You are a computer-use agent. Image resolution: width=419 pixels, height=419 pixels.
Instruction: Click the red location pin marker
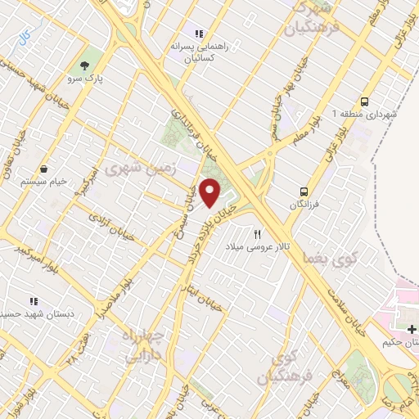click(x=210, y=193)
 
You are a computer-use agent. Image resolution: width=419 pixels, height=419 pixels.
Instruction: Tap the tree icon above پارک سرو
click(x=85, y=65)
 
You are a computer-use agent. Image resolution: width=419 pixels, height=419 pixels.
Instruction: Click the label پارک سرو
click(x=84, y=79)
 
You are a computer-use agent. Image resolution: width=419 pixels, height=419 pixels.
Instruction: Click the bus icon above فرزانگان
click(x=304, y=192)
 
